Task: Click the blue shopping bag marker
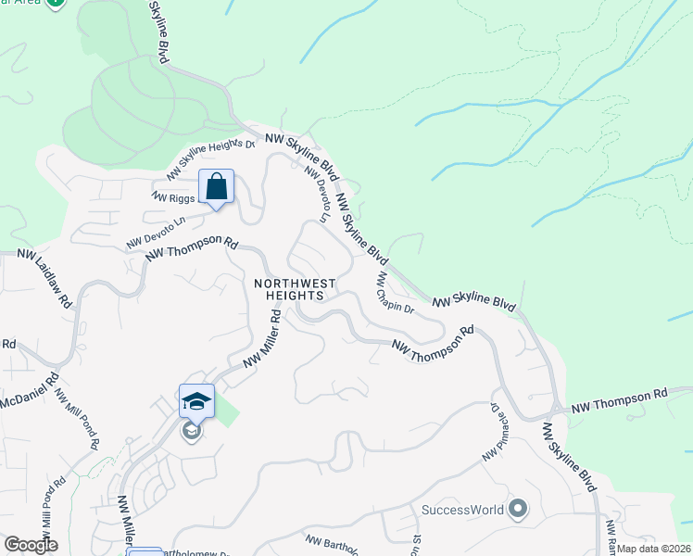point(216,187)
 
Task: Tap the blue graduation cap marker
point(196,401)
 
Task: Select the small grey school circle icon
point(192,431)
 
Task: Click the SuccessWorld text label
point(462,510)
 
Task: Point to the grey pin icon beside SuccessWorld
point(518,509)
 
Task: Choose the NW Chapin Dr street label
point(395,292)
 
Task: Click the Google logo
point(31,544)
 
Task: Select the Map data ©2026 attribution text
point(654,549)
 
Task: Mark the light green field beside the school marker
point(225,410)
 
